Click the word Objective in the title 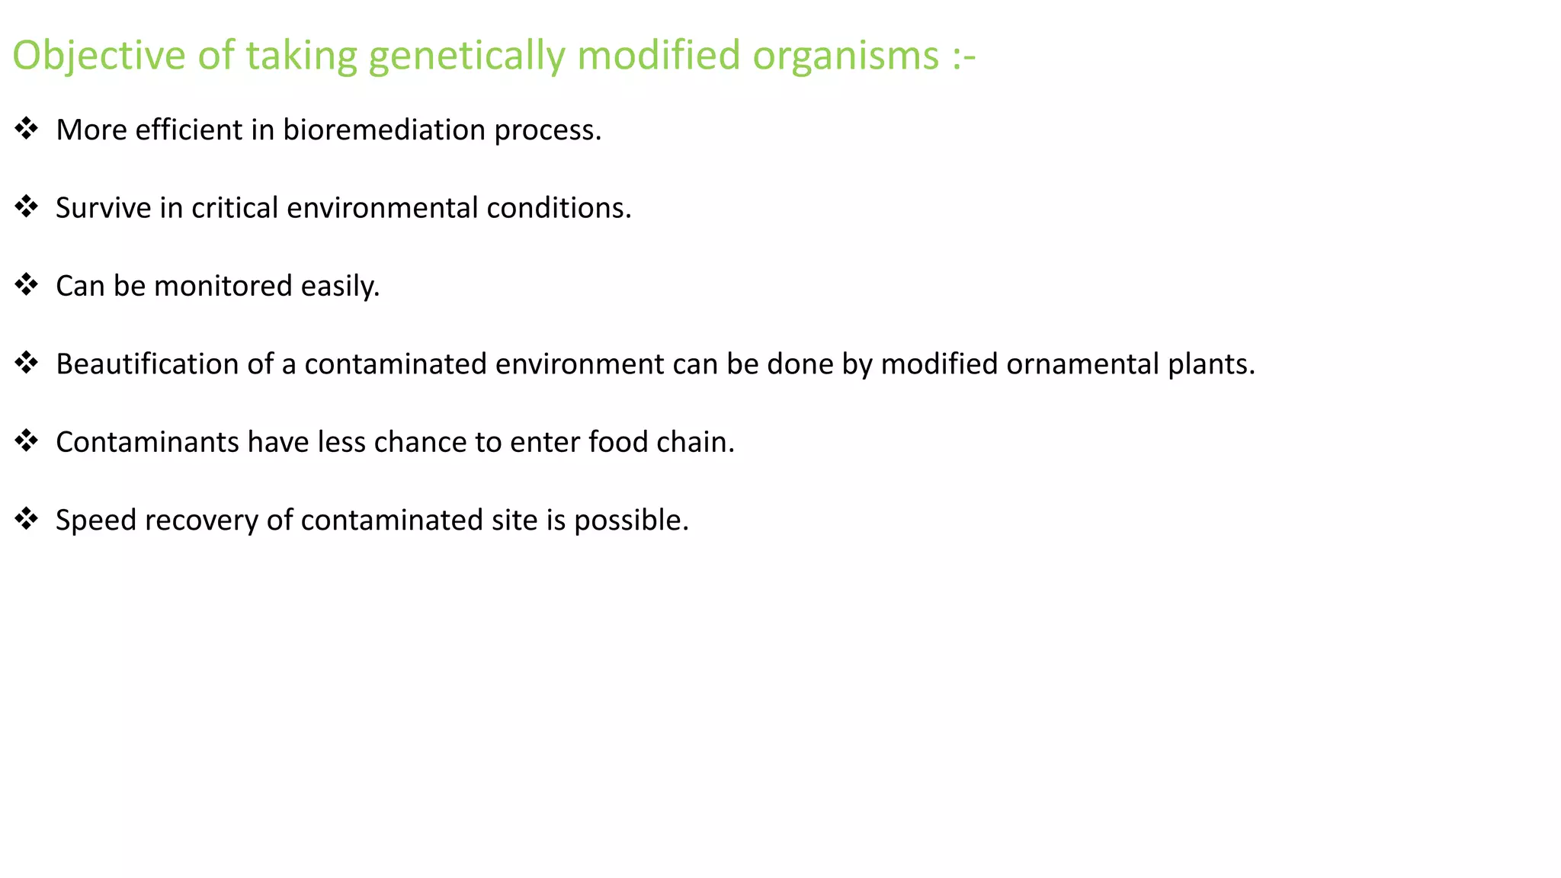point(99,56)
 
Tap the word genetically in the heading point(466,56)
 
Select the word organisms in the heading point(846,56)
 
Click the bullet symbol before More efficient point(27,129)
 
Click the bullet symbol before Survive point(27,207)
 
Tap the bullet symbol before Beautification point(27,363)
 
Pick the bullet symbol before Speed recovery point(27,519)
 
